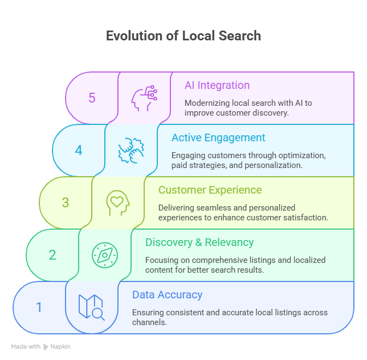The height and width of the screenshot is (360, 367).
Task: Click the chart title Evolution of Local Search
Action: [x=183, y=36]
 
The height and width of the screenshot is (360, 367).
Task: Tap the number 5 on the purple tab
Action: [x=92, y=98]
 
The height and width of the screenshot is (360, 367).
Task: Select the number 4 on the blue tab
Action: [x=79, y=151]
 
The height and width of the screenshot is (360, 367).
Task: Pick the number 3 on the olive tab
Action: [x=66, y=203]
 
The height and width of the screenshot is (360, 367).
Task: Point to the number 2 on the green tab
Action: [x=52, y=255]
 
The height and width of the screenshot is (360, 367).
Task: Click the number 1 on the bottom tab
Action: [x=39, y=308]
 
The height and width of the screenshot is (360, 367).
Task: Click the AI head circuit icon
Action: [x=144, y=98]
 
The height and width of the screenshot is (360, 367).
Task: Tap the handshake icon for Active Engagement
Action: [x=131, y=151]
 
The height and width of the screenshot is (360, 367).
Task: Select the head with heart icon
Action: [x=118, y=203]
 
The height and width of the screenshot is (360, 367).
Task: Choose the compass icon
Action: [x=104, y=255]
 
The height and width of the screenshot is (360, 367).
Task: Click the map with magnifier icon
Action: [x=91, y=307]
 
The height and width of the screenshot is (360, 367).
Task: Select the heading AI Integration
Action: [x=217, y=86]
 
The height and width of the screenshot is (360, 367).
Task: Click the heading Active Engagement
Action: [x=218, y=138]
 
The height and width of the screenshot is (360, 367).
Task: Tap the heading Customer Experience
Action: [x=210, y=190]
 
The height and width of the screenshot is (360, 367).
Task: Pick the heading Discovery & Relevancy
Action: [x=200, y=242]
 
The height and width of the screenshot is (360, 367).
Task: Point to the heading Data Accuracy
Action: [x=167, y=295]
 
